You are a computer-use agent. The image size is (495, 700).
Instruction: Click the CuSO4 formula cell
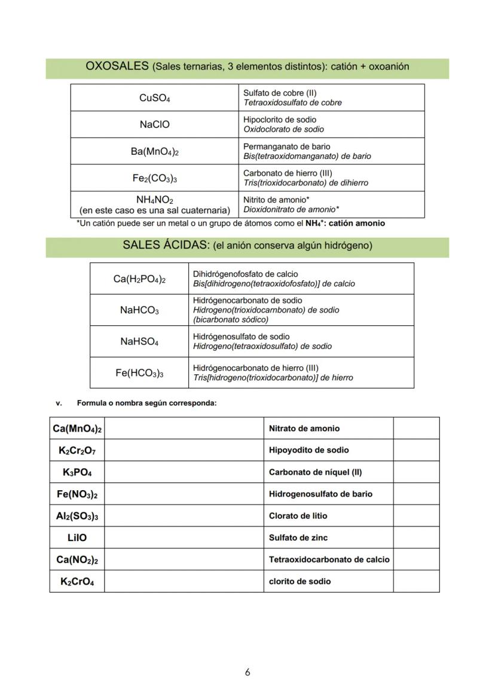[154, 98]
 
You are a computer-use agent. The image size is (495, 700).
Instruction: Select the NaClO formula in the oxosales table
[154, 124]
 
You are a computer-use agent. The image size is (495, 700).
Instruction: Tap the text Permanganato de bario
[286, 146]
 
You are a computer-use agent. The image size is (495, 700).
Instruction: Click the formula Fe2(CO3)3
[154, 178]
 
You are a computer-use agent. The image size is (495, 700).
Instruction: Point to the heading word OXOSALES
[117, 66]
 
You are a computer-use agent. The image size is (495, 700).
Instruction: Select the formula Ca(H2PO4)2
[139, 279]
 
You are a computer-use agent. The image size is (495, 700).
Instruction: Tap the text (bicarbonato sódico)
[230, 319]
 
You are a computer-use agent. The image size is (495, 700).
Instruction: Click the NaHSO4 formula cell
[139, 342]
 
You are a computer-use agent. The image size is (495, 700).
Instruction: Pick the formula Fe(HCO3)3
[139, 373]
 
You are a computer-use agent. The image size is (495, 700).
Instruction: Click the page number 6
[247, 673]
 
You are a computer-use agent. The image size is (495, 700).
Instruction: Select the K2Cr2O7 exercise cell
[77, 450]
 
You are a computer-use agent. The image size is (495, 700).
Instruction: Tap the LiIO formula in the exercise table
[77, 537]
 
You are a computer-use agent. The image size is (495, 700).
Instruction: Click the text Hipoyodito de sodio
[308, 450]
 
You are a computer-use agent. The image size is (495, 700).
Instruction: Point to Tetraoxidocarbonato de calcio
[329, 560]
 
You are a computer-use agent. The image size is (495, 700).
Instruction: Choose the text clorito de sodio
[300, 581]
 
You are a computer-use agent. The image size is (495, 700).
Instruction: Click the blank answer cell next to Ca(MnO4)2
[184, 429]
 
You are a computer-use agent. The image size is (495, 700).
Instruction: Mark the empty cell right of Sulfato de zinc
[416, 537]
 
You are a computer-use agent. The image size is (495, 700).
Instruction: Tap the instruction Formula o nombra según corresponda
[146, 403]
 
